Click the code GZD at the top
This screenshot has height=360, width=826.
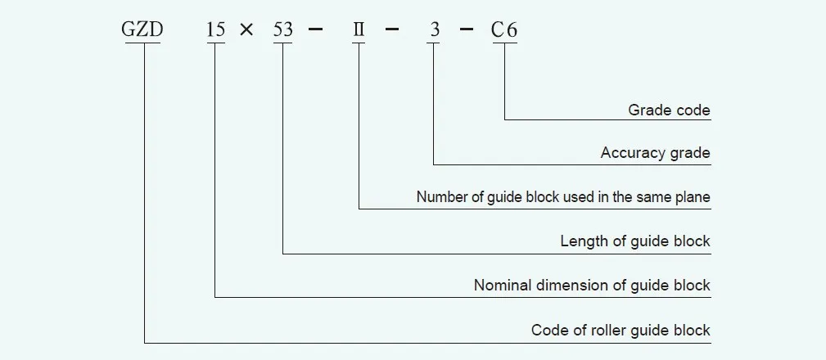coord(143,31)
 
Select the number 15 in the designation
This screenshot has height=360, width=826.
coord(215,31)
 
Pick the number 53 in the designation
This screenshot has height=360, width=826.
coord(282,31)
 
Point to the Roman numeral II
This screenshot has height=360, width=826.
coord(359,31)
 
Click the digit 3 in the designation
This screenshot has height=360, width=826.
coord(435,31)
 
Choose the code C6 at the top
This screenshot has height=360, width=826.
coord(504,31)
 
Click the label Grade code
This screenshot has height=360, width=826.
coord(669,109)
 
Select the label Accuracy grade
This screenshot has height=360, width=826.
coord(655,153)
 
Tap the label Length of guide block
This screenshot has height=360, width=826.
coord(635,241)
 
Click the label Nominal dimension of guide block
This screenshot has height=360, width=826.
coord(592,286)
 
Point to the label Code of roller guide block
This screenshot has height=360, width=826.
coord(621,330)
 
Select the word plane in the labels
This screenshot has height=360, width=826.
coord(693,197)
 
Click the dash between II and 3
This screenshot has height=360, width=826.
coord(393,31)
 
